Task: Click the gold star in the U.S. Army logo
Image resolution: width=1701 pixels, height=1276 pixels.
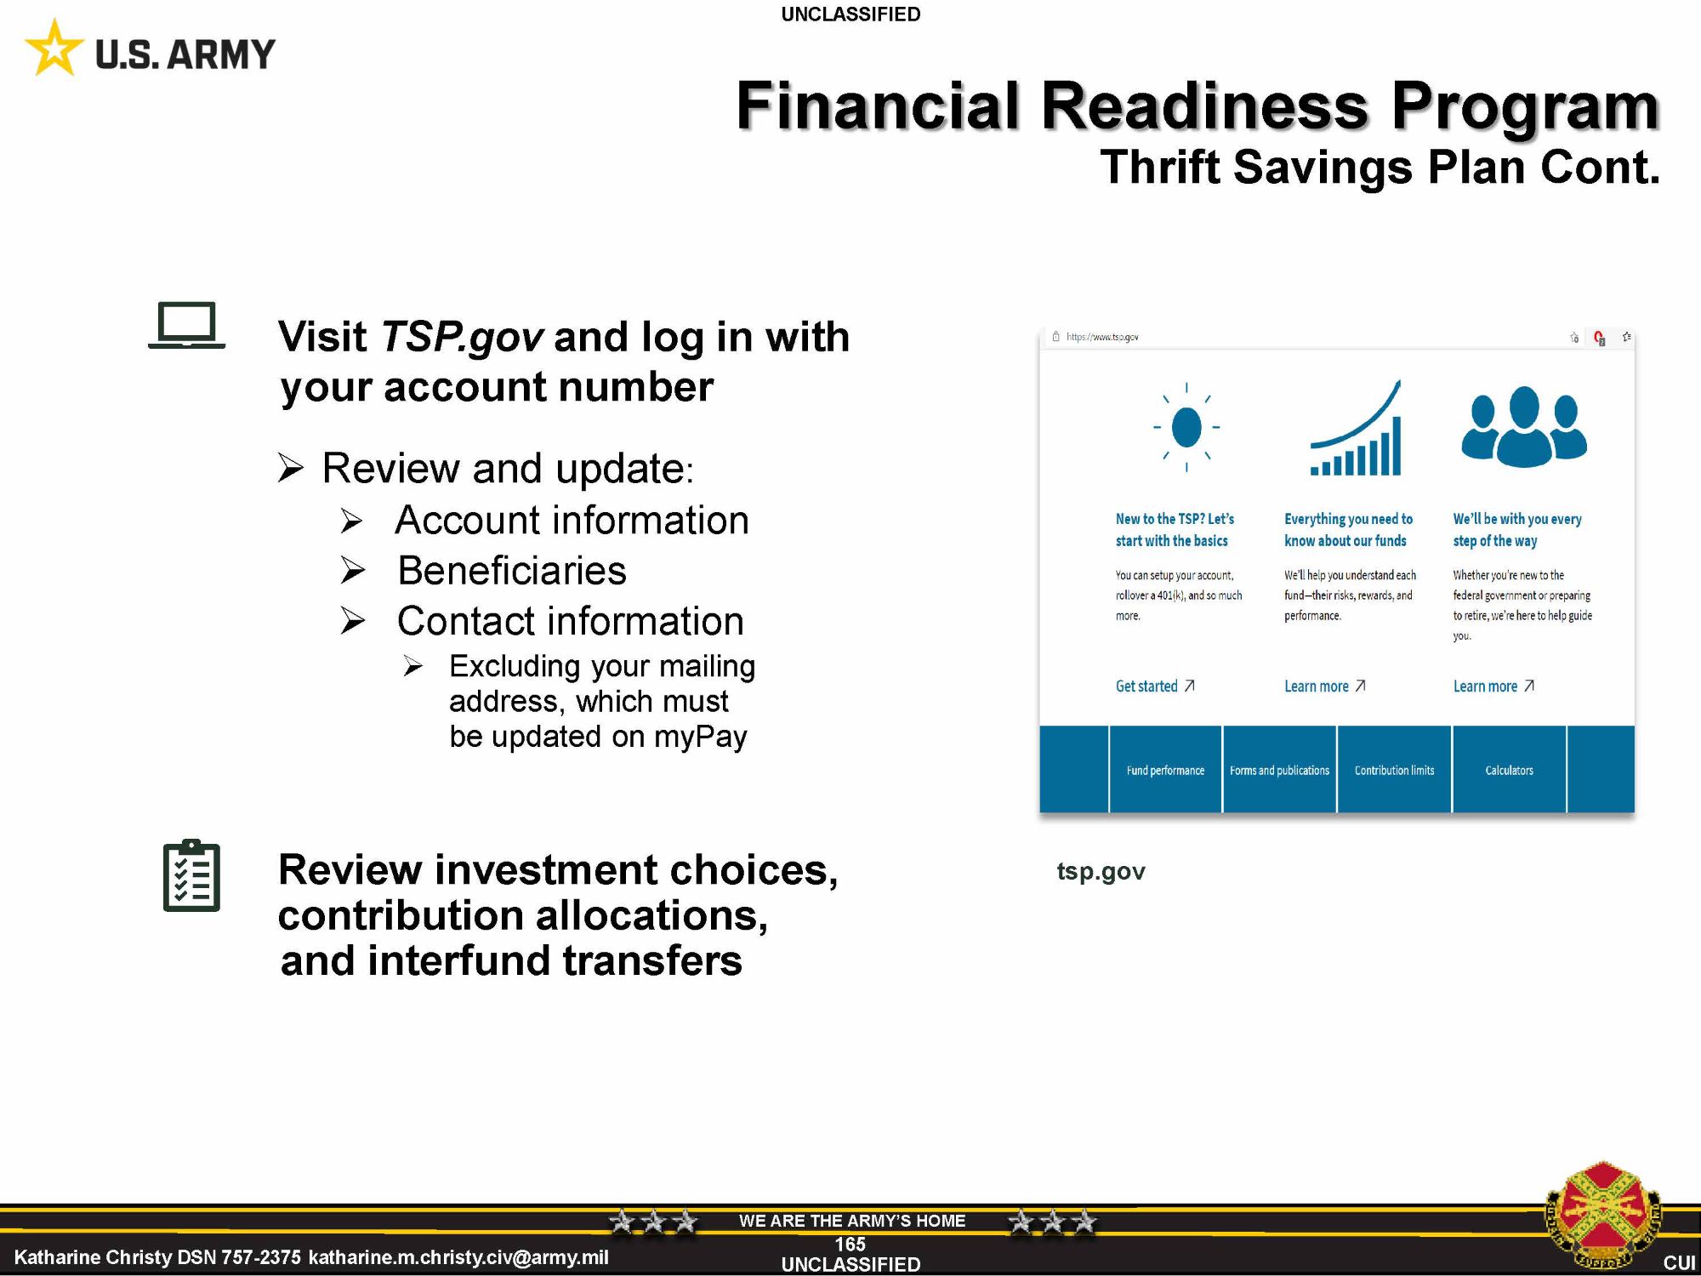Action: [x=54, y=48]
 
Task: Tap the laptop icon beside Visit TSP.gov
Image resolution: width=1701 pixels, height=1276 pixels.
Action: [x=187, y=326]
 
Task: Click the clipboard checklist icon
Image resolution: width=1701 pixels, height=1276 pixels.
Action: [x=191, y=875]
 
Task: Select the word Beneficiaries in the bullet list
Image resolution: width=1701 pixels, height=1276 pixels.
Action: [x=512, y=570]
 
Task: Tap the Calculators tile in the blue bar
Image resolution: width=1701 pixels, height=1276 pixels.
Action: [x=1509, y=770]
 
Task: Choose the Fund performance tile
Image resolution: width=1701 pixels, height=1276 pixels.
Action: [x=1165, y=770]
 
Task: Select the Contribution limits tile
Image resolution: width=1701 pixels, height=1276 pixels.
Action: [x=1394, y=770]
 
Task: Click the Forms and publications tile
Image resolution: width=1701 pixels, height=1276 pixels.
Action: [x=1279, y=770]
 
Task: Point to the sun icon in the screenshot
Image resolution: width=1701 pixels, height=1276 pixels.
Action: [x=1186, y=427]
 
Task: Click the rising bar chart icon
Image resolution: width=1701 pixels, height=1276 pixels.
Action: [x=1356, y=428]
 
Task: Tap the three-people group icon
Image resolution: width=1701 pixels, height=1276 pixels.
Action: [x=1524, y=426]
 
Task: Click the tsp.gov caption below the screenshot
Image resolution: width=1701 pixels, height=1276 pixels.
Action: [x=1101, y=871]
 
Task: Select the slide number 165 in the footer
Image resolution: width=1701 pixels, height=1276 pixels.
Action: [x=850, y=1245]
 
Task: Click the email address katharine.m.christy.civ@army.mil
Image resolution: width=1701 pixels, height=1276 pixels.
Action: [x=458, y=1257]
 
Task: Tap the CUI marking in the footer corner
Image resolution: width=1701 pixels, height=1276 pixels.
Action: [x=1679, y=1262]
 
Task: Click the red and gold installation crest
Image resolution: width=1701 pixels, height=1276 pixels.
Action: [x=1602, y=1216]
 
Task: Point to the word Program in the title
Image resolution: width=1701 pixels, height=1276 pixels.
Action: [x=1525, y=105]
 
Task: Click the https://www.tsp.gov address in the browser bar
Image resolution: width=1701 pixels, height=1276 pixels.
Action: [x=1102, y=337]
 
